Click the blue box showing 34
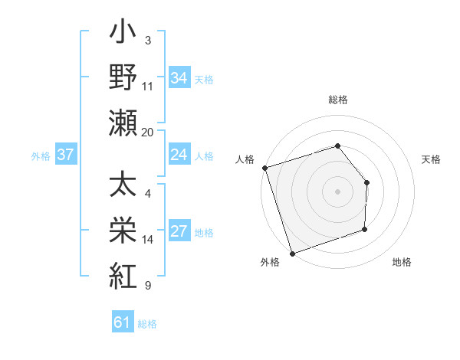pyautogui.click(x=179, y=77)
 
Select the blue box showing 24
pyautogui.click(x=179, y=155)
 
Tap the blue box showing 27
pyautogui.click(x=179, y=231)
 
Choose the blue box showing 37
pyautogui.click(x=65, y=155)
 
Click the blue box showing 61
pyautogui.click(x=123, y=322)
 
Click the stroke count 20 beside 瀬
pyautogui.click(x=148, y=132)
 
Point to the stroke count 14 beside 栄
pyautogui.click(x=148, y=240)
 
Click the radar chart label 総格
pyautogui.click(x=337, y=100)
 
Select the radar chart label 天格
pyautogui.click(x=432, y=159)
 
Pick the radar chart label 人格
pyautogui.click(x=245, y=159)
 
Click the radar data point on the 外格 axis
pyautogui.click(x=292, y=253)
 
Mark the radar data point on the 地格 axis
pyautogui.click(x=365, y=229)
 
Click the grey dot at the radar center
pyautogui.click(x=337, y=191)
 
